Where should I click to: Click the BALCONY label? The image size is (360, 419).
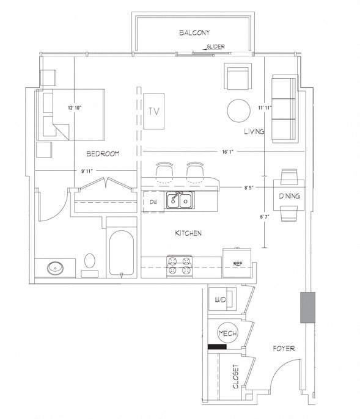(194, 33)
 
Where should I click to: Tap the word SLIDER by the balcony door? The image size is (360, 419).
(216, 47)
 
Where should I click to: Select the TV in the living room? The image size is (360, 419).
(154, 111)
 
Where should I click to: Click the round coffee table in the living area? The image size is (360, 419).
(238, 111)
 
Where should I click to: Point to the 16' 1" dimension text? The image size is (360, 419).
(228, 151)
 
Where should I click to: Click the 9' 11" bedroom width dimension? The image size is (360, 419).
(87, 171)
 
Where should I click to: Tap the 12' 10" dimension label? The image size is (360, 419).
(75, 108)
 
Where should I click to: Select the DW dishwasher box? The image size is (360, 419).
(153, 202)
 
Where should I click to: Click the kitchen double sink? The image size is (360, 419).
(180, 200)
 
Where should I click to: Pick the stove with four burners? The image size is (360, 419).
(180, 266)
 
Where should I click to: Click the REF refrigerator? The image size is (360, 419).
(237, 263)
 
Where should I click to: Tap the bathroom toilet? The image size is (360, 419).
(90, 265)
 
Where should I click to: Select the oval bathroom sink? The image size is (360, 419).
(56, 268)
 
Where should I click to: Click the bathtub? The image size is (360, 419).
(122, 253)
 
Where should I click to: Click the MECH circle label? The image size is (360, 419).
(227, 333)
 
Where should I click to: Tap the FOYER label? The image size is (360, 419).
(284, 348)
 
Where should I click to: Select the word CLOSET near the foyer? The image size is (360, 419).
(236, 376)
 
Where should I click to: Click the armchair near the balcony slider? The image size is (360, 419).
(238, 76)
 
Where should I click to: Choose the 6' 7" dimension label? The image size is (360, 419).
(265, 217)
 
